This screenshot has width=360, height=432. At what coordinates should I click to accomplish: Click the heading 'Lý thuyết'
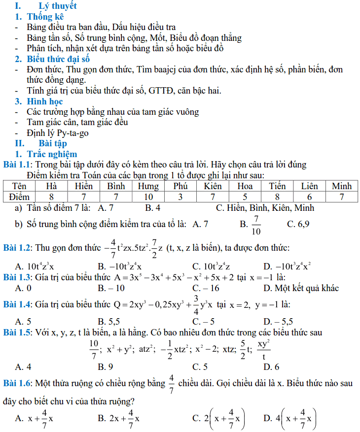pyautogui.click(x=58, y=6)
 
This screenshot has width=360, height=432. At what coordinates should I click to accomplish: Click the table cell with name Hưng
pyautogui.click(x=148, y=186)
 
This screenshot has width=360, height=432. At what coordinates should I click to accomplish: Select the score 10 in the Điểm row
pyautogui.click(x=148, y=196)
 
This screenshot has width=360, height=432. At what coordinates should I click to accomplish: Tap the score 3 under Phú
pyautogui.click(x=180, y=196)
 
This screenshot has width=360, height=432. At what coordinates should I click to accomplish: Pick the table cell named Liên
pyautogui.click(x=309, y=186)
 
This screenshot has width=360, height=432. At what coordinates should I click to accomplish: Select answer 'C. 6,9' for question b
pyautogui.click(x=298, y=224)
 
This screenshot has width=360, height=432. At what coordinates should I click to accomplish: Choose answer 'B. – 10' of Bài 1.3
pyautogui.click(x=111, y=288)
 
